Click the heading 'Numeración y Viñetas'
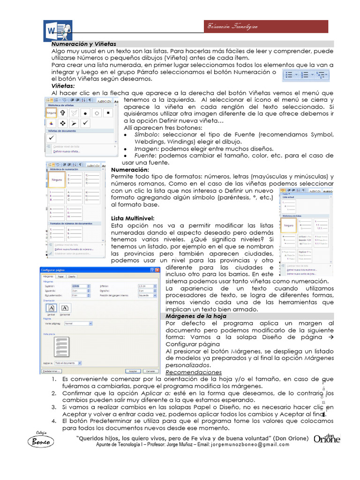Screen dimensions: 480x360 coord(83,44)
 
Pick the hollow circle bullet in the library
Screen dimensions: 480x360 coord(96,112)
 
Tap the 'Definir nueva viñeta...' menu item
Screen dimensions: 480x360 coord(66,151)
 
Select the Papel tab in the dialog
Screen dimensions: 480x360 coord(61,277)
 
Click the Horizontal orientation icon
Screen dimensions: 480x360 coord(65,308)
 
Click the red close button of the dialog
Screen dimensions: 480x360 coord(157,270)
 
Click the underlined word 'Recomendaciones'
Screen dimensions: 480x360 coord(194,372)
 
